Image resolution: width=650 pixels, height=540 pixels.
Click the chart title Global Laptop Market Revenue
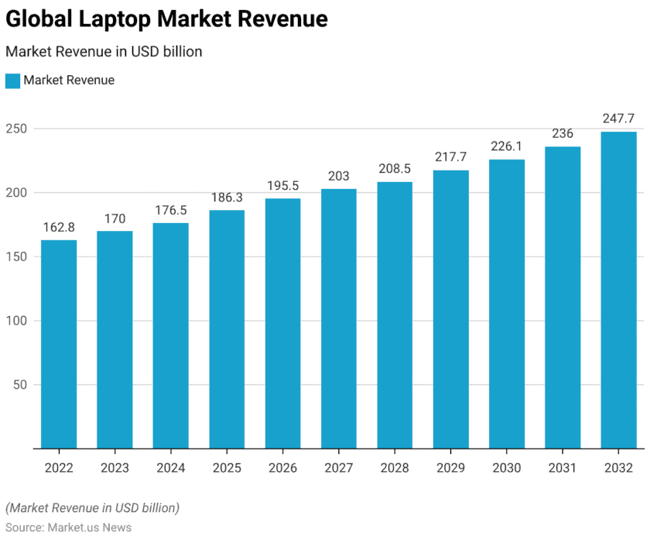pos(166,19)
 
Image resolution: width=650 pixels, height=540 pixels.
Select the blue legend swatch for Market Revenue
pos(12,81)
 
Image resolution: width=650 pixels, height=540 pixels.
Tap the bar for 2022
pos(59,344)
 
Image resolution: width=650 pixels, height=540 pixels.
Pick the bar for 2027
pos(339,318)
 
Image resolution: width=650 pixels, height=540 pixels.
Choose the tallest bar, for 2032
pos(619,290)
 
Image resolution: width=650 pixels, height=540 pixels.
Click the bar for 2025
pos(227,329)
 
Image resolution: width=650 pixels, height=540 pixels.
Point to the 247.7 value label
pos(619,119)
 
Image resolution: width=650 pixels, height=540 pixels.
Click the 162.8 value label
pos(59,227)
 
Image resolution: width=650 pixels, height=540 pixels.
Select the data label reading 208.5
pos(395,169)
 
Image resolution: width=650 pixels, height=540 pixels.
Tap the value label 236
pos(563,133)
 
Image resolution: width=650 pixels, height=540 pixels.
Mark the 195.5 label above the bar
pos(282,185)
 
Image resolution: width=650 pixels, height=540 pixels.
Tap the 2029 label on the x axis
pos(450,468)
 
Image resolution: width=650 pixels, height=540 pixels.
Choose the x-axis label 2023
pos(115,468)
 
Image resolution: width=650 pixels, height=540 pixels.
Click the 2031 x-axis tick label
pos(563,468)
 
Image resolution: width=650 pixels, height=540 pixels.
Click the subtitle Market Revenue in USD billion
pos(104,52)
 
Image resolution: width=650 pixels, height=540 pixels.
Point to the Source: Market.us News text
pos(68,528)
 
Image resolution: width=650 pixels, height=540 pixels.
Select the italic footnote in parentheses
pos(92,508)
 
